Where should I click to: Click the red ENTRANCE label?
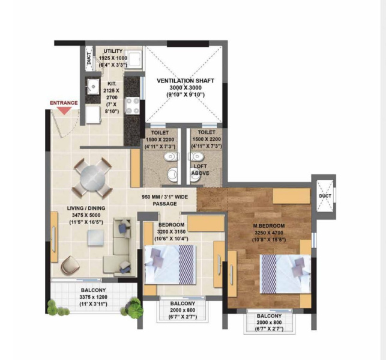[64, 103]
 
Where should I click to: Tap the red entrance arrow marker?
[63, 111]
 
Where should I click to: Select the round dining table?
[92, 177]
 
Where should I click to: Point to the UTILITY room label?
[113, 51]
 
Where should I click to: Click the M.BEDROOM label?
[268, 226]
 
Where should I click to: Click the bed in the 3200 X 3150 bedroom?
[170, 264]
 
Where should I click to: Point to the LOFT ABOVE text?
[201, 169]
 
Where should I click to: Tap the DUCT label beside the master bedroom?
[325, 196]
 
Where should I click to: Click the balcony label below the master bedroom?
[268, 316]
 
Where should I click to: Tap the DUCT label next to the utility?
[89, 58]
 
